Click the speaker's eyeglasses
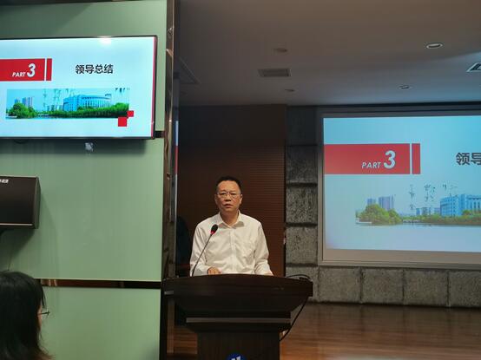click(228, 194)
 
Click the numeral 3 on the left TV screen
click(31, 70)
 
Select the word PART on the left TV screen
click(18, 74)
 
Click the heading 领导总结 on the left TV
click(94, 69)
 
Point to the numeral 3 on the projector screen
click(390, 160)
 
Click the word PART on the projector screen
click(372, 165)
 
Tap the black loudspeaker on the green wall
click(19, 202)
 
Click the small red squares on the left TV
click(126, 119)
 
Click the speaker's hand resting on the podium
click(214, 271)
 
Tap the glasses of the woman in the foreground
click(44, 312)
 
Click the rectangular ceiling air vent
click(274, 73)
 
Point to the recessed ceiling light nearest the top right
click(434, 46)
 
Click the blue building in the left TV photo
click(87, 102)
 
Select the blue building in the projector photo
click(460, 205)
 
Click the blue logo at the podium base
click(236, 357)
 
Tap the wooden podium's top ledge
click(238, 278)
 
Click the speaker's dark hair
click(228, 183)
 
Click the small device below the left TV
click(89, 147)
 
